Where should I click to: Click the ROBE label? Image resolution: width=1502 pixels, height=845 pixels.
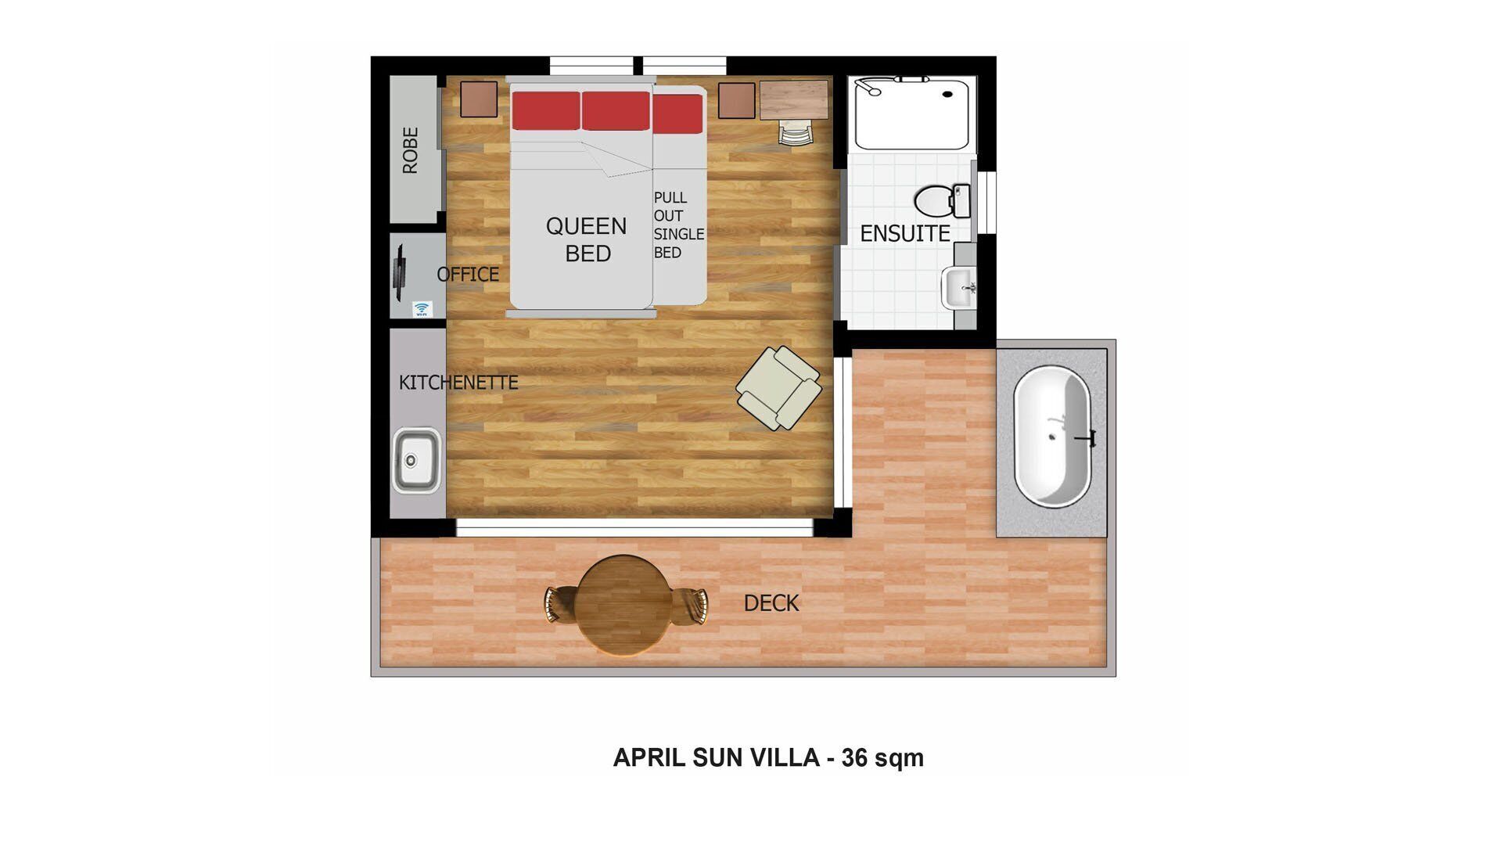point(410,150)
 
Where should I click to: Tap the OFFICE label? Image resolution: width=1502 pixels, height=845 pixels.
point(467,275)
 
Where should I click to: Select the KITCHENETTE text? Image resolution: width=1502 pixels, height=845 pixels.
point(458,383)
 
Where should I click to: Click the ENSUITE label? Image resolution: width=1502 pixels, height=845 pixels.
point(904,233)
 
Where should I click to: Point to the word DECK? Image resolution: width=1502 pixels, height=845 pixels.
point(771,603)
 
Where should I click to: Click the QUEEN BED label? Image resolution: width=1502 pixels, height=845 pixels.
point(587,239)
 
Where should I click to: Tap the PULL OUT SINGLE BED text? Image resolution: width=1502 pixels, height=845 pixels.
point(677,225)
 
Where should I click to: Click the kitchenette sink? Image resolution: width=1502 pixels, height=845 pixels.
point(415,459)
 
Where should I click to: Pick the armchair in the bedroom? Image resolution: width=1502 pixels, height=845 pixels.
point(778,388)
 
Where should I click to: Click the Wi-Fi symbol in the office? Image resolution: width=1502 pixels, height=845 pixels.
point(422,309)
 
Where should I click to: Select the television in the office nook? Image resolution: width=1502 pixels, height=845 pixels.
point(400,273)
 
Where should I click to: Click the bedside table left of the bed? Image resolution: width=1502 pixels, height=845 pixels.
point(479,99)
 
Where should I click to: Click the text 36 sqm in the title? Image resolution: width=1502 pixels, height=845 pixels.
point(882,757)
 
